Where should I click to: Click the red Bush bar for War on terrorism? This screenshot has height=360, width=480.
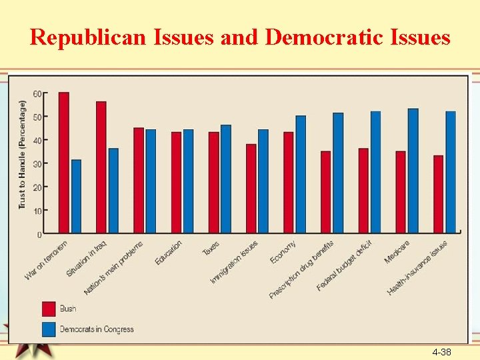(64, 163)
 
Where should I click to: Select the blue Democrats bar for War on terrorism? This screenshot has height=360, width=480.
(76, 197)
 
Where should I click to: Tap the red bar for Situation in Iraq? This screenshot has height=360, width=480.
(101, 167)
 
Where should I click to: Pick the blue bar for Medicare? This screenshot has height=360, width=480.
(413, 171)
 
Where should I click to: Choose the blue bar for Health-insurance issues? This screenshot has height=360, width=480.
(451, 172)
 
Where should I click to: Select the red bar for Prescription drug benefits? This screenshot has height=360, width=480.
(326, 192)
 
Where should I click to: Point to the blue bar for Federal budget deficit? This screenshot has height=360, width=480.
(376, 172)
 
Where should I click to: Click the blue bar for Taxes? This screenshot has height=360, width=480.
(226, 179)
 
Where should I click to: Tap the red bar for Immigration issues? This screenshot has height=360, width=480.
(251, 189)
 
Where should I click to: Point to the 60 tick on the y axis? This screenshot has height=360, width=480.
(37, 93)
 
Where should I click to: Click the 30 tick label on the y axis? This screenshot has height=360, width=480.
(37, 164)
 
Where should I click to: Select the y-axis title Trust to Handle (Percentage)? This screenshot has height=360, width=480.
(22, 154)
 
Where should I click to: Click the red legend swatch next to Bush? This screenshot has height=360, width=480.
(49, 308)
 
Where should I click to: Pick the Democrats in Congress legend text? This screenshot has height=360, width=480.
(97, 329)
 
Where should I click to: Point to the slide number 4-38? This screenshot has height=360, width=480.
(441, 351)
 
